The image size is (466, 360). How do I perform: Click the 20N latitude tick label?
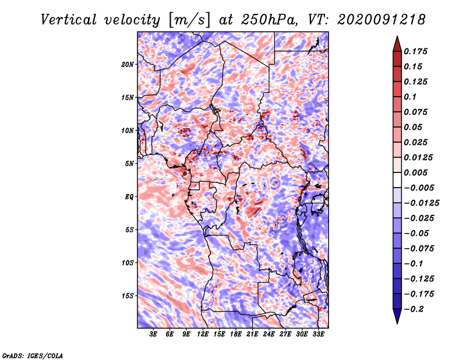coord(128,64)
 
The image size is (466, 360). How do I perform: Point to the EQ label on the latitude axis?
coord(129,197)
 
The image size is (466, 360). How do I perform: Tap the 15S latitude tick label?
coord(128,296)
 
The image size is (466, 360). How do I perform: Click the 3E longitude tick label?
coord(154,334)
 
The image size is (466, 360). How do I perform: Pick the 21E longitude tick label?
coord(253,334)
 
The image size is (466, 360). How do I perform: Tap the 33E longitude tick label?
coord(319,334)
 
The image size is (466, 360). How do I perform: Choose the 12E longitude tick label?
coord(203,334)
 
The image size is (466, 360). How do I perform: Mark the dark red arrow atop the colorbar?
coord(396,42)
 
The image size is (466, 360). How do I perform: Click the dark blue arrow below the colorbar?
coord(396,317)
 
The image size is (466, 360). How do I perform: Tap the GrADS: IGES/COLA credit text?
coord(32,355)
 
